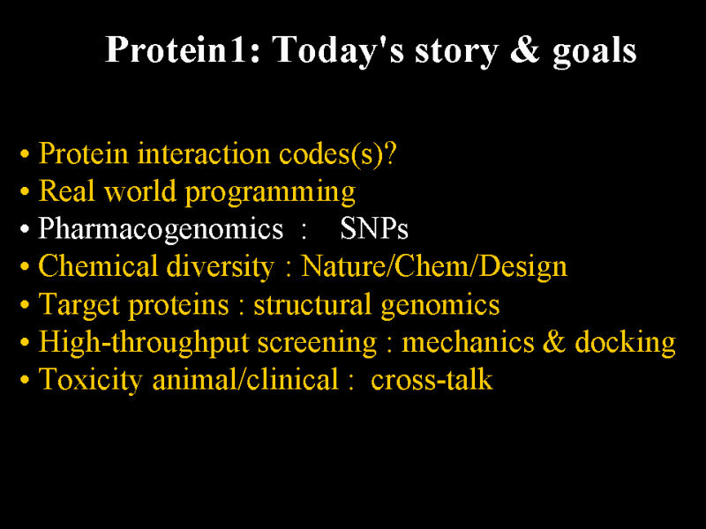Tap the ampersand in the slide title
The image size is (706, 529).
point(524,49)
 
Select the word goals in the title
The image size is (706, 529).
point(594,51)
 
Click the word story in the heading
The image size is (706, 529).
point(456,51)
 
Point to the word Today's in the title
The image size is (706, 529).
point(339,50)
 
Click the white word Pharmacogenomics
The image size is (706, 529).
point(161,228)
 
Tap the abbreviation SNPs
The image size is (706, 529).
point(374,228)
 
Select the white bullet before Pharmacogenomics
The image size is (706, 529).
point(25,229)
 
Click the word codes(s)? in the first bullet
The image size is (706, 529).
point(338,153)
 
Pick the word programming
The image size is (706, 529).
point(271,192)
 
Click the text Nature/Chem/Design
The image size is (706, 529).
point(434,266)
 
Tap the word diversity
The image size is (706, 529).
point(220,266)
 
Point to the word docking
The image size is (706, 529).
point(626,342)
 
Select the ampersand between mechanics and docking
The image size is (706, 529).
point(554,341)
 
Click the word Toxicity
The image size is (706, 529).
point(91,380)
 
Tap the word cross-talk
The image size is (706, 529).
point(432,380)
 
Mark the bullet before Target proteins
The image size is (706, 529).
point(25,304)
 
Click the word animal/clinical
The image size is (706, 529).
point(245,379)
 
